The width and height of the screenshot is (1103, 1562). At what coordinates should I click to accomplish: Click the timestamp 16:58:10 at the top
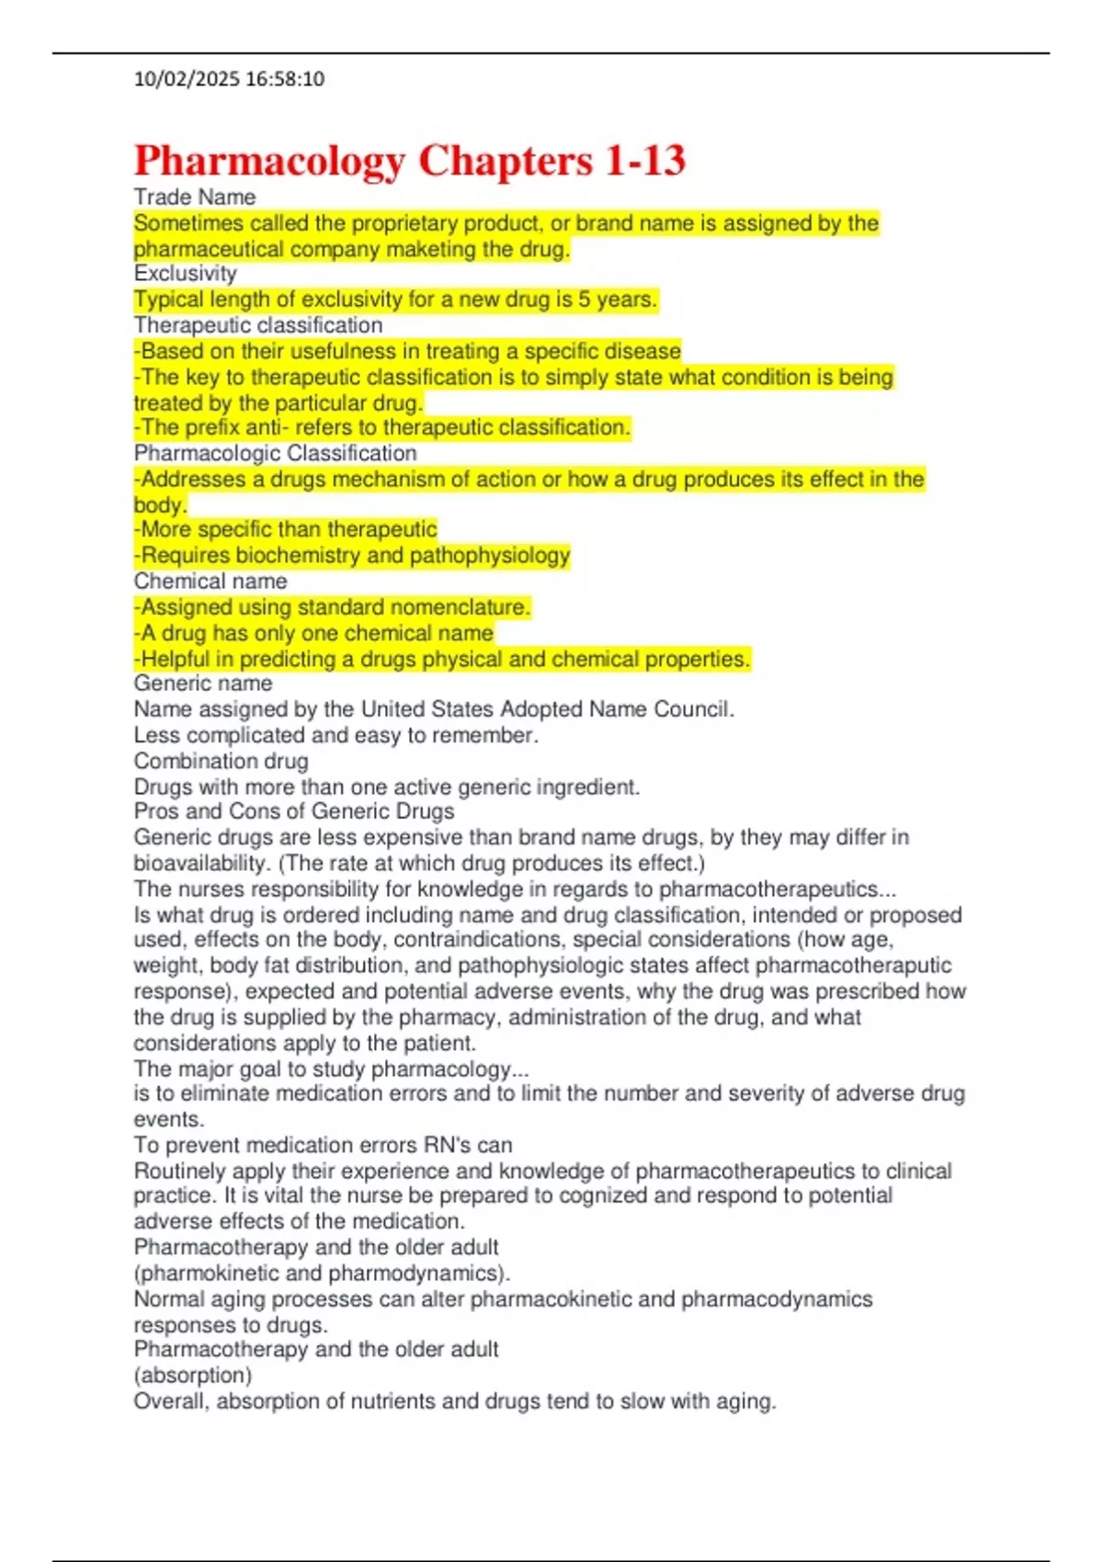pos(285,79)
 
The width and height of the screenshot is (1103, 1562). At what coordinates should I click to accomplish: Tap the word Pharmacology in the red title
pos(268,161)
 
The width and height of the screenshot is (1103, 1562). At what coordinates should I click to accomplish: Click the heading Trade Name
pos(194,198)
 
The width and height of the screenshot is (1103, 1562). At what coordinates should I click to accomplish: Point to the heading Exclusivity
pos(185,274)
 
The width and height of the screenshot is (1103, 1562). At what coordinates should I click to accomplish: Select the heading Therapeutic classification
pos(257,325)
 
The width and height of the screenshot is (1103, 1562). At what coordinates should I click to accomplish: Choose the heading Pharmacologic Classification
pos(275,453)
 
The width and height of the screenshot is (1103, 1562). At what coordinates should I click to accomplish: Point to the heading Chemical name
pos(210,581)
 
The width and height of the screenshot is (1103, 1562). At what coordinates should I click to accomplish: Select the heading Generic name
pos(202,684)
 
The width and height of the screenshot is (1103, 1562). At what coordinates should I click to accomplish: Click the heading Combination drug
pos(221,761)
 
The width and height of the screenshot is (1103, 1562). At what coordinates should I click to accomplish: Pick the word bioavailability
pos(199,864)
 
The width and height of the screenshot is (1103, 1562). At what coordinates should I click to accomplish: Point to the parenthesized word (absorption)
pos(192,1375)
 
